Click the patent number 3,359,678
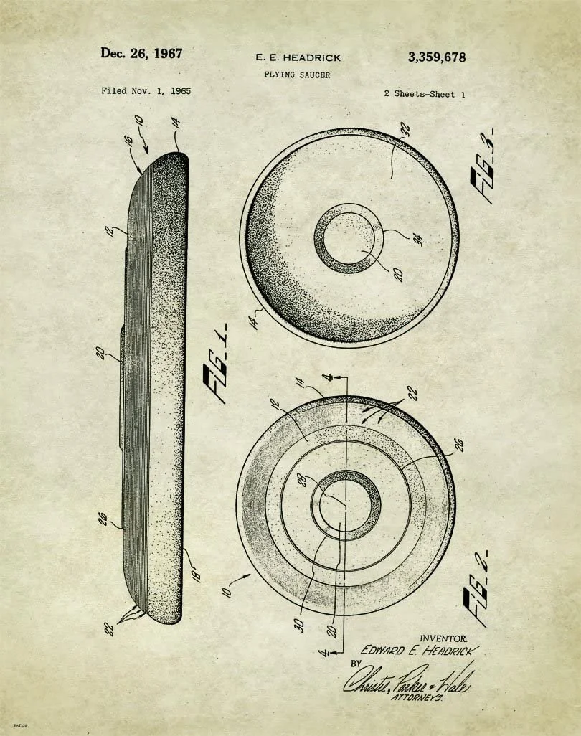pos(436,57)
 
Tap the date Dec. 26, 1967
pos(141,53)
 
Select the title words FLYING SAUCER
pos(296,75)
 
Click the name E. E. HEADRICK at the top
pos(298,57)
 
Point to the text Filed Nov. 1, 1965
pos(146,91)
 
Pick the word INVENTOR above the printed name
pos(443,638)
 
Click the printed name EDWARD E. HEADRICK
pos(418,651)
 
